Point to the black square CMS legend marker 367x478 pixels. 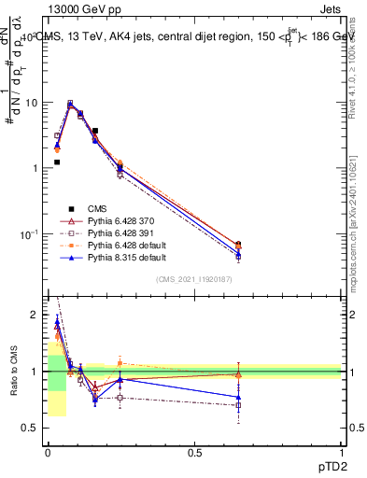(71, 208)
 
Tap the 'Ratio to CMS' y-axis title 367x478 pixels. (13, 372)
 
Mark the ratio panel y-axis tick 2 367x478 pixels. (35, 316)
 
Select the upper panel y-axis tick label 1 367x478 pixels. (35, 168)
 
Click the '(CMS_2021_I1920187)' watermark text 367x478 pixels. (193, 279)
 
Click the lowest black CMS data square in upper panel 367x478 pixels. (57, 162)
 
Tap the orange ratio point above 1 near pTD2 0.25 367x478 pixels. (120, 363)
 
